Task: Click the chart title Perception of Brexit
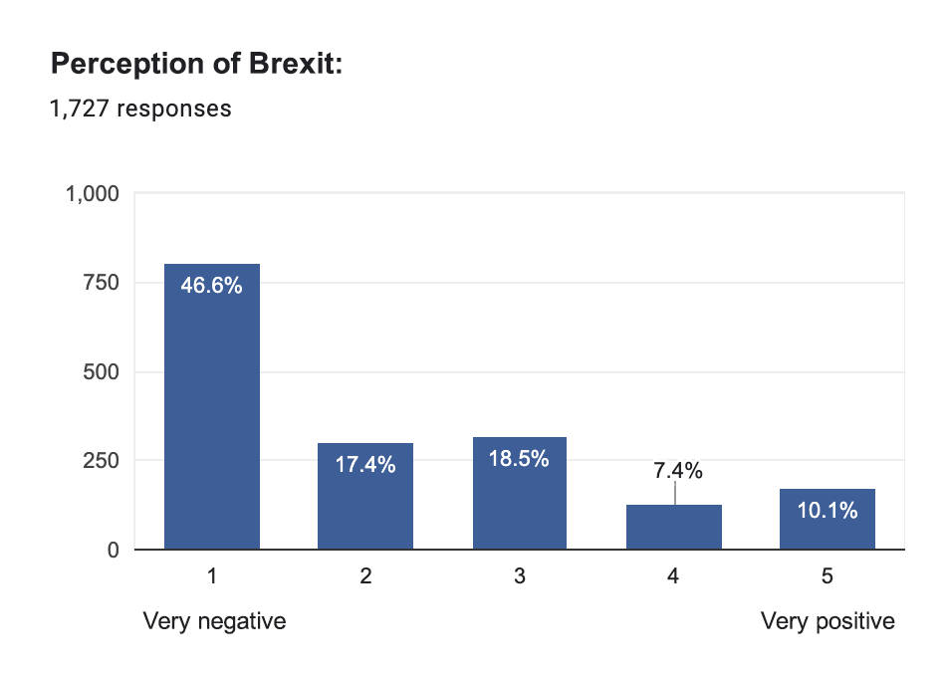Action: [196, 65]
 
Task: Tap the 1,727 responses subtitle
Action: [140, 109]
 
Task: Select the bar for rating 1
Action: [212, 418]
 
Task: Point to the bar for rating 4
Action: [673, 528]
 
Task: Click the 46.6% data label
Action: [212, 287]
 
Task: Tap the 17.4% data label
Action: [365, 465]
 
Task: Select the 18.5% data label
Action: [520, 459]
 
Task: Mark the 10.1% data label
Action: [828, 511]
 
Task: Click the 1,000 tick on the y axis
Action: [93, 194]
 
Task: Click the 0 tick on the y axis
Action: [113, 550]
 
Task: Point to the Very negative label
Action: [214, 622]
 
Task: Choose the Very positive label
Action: [828, 622]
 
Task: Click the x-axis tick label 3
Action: [520, 576]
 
